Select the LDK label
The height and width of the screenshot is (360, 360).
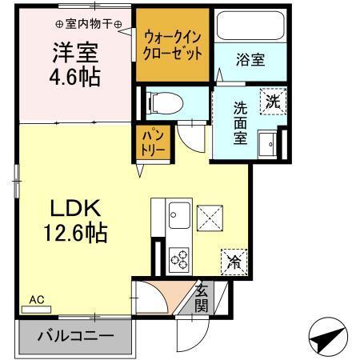77,210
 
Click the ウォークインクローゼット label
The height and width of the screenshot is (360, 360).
172,45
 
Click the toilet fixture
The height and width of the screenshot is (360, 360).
165,102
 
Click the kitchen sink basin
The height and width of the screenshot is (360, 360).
179,215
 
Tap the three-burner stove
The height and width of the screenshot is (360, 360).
179,258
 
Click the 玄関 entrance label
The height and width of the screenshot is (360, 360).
202,298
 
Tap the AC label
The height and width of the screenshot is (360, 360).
36,300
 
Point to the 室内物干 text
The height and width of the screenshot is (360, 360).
90,25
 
